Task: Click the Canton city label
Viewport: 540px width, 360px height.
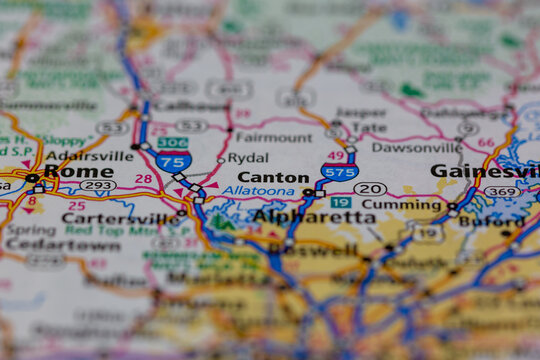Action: [274, 178]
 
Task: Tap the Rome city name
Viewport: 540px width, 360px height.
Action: [78, 171]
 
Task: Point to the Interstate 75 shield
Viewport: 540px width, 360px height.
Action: [173, 161]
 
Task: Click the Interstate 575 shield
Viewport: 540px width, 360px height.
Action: [340, 172]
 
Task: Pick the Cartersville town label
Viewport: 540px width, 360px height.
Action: [119, 218]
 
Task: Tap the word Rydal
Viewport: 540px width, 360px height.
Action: [247, 157]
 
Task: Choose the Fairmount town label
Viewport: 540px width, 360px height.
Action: [273, 137]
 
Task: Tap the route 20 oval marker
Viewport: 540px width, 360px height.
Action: [370, 188]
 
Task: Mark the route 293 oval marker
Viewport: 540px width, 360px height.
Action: [97, 185]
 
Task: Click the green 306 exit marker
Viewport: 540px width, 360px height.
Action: [172, 143]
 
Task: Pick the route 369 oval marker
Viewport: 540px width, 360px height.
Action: [503, 191]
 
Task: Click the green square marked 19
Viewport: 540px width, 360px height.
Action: [340, 202]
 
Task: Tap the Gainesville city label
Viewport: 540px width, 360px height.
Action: [485, 171]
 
